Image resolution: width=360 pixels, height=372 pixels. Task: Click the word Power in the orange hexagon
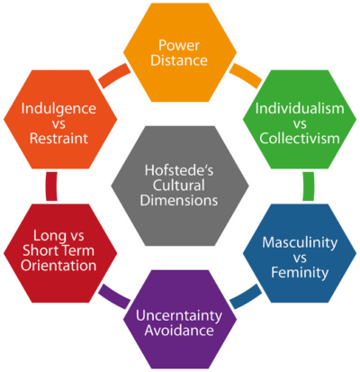[x=179, y=45]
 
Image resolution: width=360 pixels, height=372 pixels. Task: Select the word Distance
[x=179, y=60]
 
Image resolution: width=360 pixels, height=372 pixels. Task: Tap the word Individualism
[x=300, y=108]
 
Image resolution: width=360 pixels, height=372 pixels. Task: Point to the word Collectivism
[x=300, y=138]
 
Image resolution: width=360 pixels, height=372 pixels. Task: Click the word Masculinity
[x=300, y=242]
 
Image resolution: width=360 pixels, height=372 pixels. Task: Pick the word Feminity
[x=300, y=272]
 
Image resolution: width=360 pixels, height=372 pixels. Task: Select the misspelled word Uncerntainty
[x=179, y=315]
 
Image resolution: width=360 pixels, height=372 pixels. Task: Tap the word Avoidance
[x=179, y=331]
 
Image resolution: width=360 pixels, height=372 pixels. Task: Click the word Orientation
[x=58, y=266]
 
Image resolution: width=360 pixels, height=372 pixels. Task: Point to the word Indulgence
[x=58, y=109]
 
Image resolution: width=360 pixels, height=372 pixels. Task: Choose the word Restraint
[x=58, y=138]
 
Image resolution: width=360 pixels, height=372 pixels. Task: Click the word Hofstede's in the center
[x=179, y=170]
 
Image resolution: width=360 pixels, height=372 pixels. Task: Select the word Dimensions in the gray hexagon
[x=179, y=200]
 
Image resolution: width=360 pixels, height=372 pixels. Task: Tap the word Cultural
[x=179, y=186]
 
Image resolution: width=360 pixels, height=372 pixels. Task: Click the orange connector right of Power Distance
[x=246, y=75]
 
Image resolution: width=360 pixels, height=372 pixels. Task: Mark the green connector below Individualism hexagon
[x=309, y=186]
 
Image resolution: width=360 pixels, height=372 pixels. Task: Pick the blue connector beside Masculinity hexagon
[x=246, y=297]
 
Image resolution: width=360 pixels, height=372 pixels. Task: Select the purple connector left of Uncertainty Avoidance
[x=114, y=297]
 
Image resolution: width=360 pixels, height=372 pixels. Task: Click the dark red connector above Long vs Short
[x=51, y=186]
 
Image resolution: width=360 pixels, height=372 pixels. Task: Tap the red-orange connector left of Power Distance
[x=114, y=75]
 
